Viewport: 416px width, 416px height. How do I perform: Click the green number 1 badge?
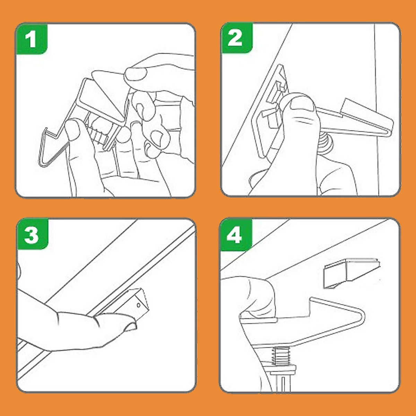pos(32,38)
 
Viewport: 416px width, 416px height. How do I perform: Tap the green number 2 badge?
pos(237,38)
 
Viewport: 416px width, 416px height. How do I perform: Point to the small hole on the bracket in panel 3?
pos(139,305)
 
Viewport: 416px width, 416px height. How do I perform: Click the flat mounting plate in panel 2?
pos(270,108)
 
